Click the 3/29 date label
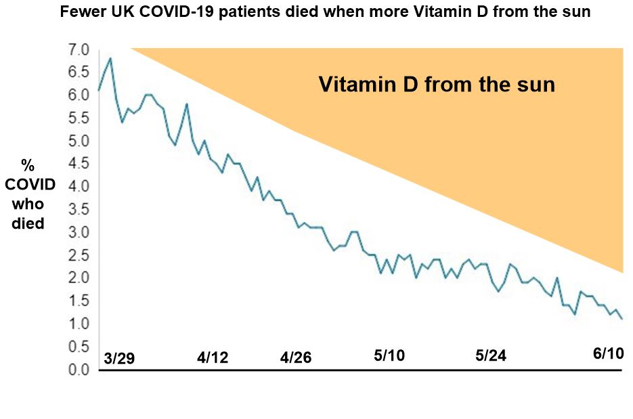pos(120,357)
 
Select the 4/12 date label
pos(213,357)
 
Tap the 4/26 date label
pos(295,357)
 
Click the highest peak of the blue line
pos(110,58)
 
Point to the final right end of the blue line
pos(621,319)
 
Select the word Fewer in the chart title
pos(81,13)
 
